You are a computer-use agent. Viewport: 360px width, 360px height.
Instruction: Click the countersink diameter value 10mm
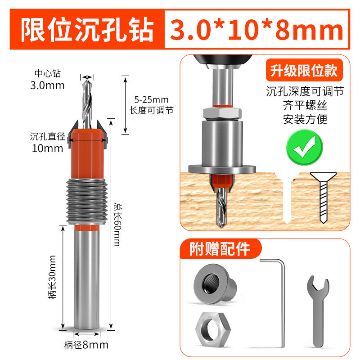[47, 148]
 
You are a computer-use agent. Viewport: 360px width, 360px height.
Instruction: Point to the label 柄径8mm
[86, 346]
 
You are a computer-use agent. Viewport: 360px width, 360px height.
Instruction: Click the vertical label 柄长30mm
[53, 277]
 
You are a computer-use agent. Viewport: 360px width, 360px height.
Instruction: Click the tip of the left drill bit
[86, 78]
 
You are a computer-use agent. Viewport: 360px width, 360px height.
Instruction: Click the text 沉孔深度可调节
[305, 91]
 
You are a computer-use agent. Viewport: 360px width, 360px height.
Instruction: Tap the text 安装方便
[305, 120]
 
